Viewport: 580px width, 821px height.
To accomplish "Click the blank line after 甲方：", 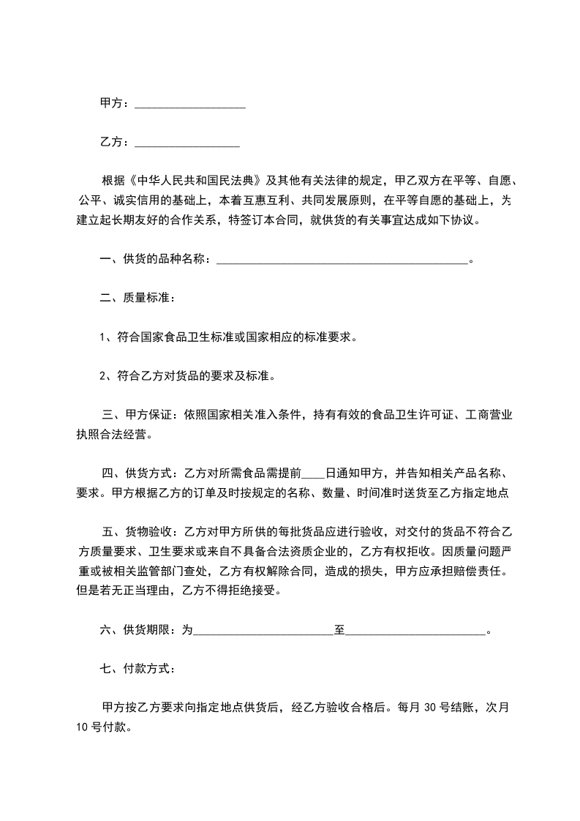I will click(190, 105).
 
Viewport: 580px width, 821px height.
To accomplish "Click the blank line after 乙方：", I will click(187, 142).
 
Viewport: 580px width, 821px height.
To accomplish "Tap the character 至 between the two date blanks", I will click(339, 629).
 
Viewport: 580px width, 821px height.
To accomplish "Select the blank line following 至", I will click(415, 629).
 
